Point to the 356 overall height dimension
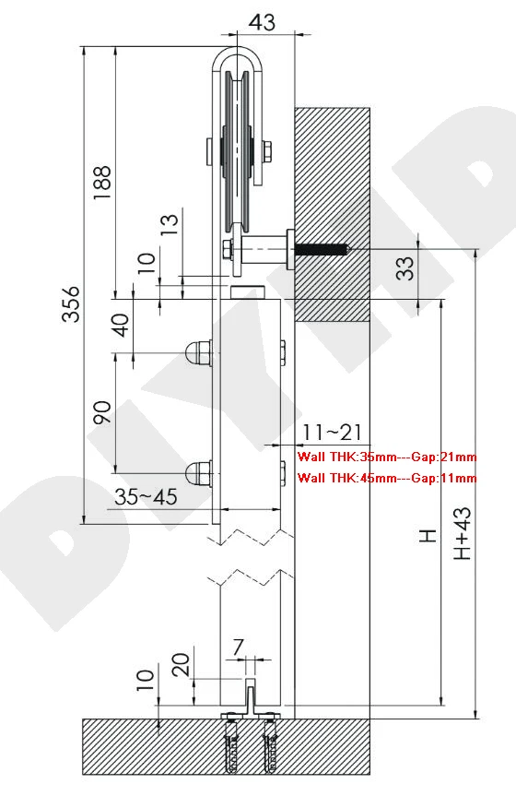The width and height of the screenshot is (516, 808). click(x=71, y=304)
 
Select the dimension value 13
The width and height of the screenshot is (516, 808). click(x=170, y=222)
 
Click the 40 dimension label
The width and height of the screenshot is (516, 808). click(x=122, y=326)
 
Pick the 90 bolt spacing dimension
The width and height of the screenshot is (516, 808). click(x=102, y=412)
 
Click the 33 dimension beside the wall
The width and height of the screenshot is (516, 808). click(x=405, y=268)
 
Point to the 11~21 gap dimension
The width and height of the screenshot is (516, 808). click(x=332, y=432)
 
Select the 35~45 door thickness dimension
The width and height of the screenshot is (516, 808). click(x=146, y=497)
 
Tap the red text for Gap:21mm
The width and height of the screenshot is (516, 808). click(x=444, y=457)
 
